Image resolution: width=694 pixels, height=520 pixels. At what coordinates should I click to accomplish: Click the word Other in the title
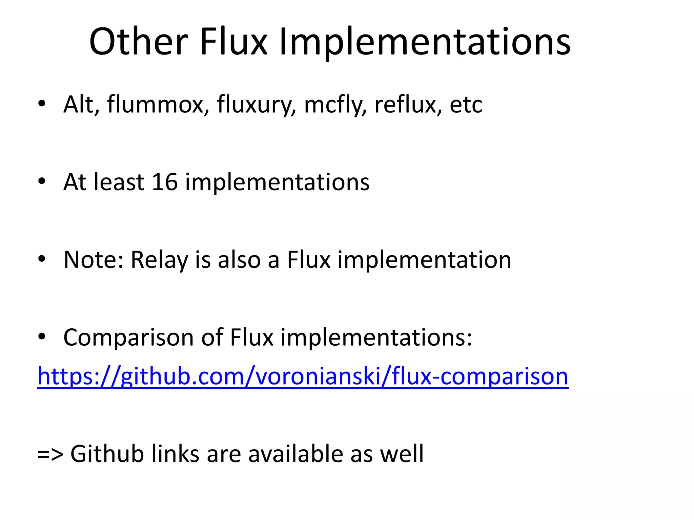point(138,42)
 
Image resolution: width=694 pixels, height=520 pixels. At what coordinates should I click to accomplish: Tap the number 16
point(165,182)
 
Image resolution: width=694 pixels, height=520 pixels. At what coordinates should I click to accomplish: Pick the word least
point(119,182)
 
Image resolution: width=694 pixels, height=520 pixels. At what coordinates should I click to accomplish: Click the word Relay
point(159,260)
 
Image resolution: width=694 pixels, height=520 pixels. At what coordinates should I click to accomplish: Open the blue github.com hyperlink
point(303,376)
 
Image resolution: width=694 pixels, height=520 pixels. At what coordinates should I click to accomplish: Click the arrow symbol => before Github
point(50,454)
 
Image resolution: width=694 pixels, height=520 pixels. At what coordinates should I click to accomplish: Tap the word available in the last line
point(295,454)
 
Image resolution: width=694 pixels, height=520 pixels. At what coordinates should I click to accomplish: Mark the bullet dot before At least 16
point(42,181)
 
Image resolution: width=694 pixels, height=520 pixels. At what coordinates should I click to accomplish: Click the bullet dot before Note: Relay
point(42,259)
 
